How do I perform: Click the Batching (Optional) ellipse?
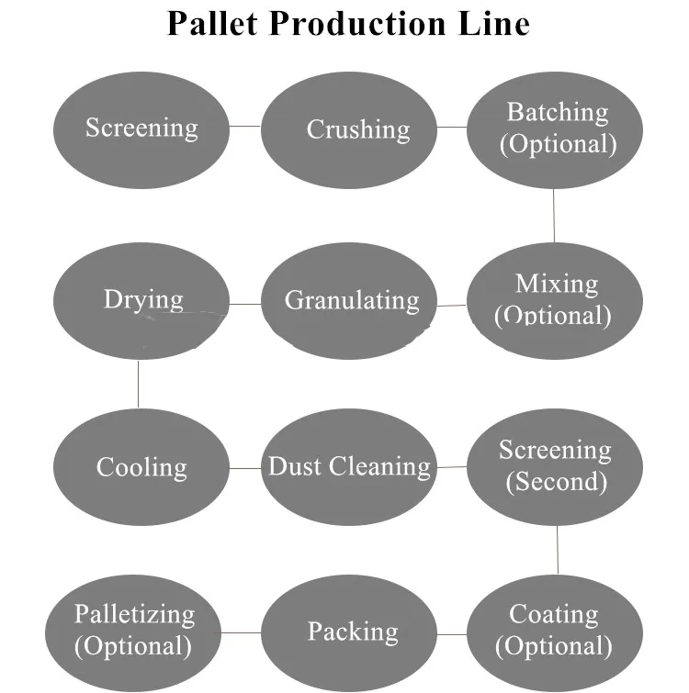555,129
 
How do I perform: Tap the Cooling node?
141,466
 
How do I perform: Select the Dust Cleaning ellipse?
348,466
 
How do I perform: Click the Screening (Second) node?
555,466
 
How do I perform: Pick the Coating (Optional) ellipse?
555,631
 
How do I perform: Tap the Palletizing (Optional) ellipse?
134,631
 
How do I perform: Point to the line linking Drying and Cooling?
139,383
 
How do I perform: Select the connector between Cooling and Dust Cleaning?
244,468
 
